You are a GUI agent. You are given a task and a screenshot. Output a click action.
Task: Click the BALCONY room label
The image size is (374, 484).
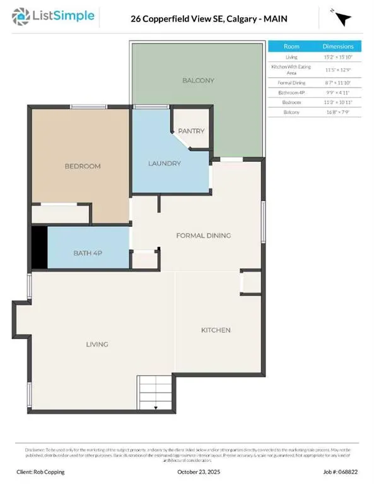pyautogui.click(x=199, y=81)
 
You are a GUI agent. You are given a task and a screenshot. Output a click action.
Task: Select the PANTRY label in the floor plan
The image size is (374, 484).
pyautogui.click(x=191, y=131)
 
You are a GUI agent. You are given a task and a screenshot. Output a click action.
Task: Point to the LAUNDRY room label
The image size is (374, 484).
pyautogui.click(x=165, y=163)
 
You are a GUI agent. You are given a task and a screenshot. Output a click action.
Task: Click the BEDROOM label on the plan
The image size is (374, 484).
pyautogui.click(x=83, y=166)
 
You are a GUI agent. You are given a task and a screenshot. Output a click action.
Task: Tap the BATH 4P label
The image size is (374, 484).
pyautogui.click(x=88, y=253)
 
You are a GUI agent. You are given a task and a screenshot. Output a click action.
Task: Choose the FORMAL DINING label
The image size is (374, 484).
pyautogui.click(x=203, y=235)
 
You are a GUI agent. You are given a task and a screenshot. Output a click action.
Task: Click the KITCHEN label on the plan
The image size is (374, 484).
pyautogui.click(x=216, y=330)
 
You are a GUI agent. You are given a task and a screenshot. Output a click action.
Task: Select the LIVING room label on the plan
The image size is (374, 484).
pyautogui.click(x=98, y=344)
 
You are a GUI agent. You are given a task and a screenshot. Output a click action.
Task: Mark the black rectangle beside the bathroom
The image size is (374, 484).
pyautogui.click(x=39, y=247)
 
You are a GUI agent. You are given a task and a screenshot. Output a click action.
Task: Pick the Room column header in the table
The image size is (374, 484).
pyautogui.click(x=291, y=47)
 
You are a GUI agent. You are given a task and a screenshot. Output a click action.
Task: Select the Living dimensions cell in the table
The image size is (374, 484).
pyautogui.click(x=339, y=58)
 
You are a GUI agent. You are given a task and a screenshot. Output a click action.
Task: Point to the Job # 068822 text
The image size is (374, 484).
pyautogui.click(x=339, y=471)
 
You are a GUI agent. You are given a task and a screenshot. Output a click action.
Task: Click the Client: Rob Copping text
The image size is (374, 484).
pyautogui.click(x=41, y=471)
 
